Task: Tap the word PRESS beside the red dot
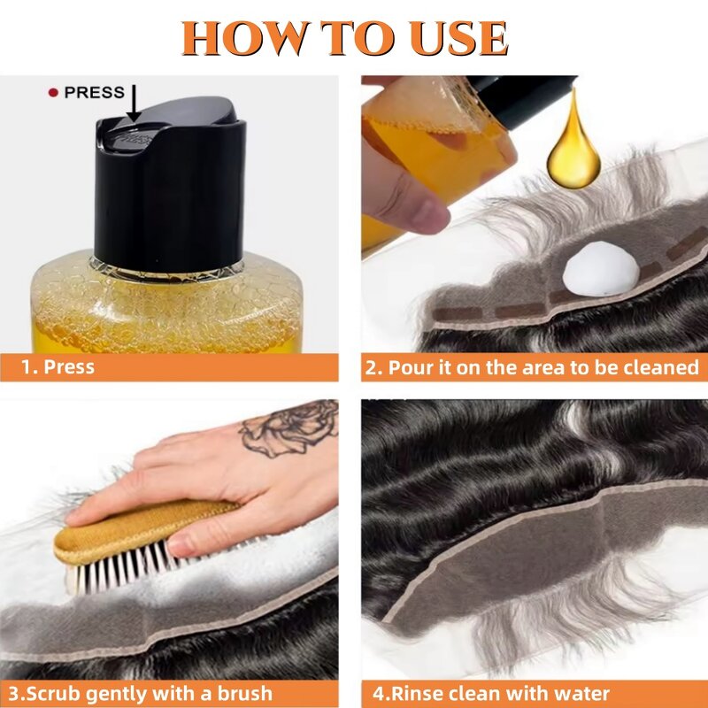click(94, 92)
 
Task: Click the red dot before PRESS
click(53, 92)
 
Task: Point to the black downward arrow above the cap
click(133, 102)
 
